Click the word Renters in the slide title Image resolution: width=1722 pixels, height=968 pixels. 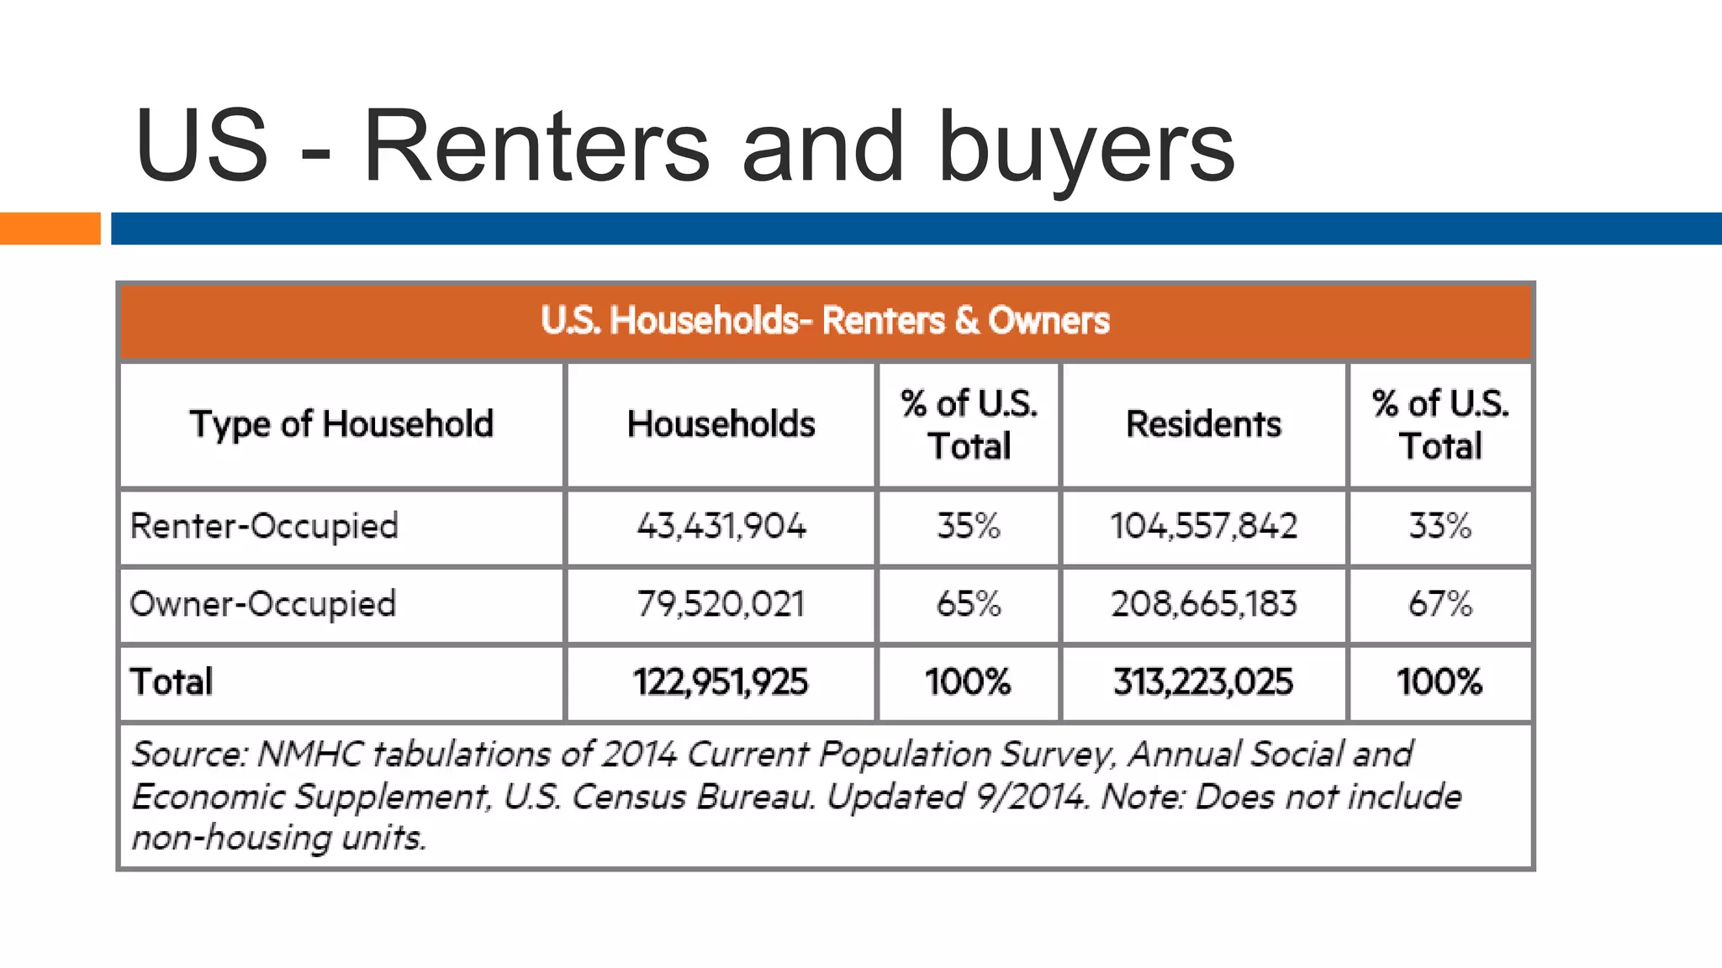click(536, 148)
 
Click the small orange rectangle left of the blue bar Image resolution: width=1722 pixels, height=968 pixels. click(50, 229)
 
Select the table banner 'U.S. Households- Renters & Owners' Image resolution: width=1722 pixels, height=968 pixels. click(825, 321)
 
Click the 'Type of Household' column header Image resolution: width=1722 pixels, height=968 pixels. click(341, 424)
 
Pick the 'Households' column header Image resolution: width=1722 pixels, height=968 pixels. click(721, 424)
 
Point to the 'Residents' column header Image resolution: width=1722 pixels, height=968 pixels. click(1203, 424)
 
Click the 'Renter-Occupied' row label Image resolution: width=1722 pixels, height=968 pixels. click(264, 527)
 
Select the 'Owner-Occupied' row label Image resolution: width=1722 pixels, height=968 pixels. click(262, 604)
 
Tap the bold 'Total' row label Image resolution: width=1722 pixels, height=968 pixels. click(172, 681)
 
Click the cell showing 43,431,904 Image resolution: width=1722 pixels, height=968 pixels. click(721, 527)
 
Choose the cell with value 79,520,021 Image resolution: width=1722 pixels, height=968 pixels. click(721, 604)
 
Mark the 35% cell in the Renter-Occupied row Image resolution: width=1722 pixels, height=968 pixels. click(969, 527)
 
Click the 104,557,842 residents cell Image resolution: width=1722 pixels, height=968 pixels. click(1203, 527)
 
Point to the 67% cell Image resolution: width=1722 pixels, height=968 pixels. click(1440, 604)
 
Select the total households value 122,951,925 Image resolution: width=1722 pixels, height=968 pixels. click(721, 681)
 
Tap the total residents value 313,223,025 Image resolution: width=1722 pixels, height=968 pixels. click(1203, 681)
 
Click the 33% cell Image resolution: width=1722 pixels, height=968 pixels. click(1440, 527)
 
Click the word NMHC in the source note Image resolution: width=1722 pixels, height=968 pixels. click(309, 754)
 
